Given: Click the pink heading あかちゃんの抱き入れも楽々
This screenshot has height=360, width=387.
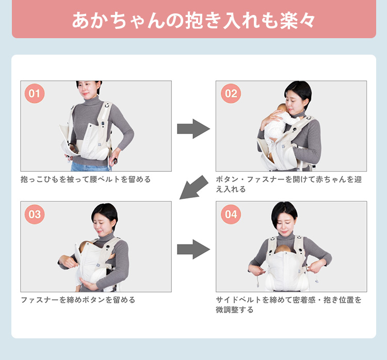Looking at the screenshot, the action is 193,20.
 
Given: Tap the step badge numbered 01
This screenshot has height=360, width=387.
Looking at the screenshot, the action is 35,93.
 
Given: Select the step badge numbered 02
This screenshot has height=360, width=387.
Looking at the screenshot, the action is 231,93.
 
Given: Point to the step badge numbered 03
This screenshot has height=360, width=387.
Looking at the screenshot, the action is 35,214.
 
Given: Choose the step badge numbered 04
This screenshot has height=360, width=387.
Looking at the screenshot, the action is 231,214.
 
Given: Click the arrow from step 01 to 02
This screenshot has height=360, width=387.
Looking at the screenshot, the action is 193,128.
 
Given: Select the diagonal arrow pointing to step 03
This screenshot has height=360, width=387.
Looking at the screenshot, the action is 194,188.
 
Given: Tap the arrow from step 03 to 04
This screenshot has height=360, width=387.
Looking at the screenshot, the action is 193,249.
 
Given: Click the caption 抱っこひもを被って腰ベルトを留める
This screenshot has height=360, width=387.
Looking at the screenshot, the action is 86,179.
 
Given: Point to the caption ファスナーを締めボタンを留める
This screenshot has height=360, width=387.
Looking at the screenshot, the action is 78,300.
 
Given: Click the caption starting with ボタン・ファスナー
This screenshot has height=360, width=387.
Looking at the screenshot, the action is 289,184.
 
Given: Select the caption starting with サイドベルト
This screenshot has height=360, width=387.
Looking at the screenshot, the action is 289,305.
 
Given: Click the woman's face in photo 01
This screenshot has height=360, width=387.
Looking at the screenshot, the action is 88,89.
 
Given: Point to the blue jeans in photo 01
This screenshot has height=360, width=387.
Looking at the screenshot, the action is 90,167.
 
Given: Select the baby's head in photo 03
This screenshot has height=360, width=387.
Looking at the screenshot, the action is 85,246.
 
